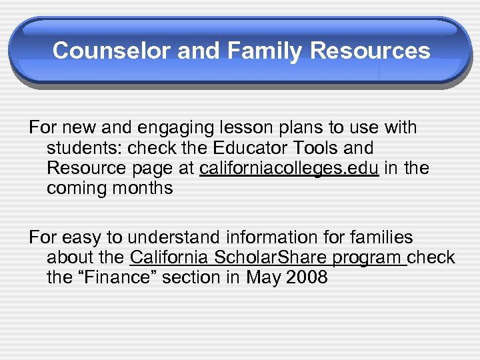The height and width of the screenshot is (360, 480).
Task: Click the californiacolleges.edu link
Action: [289, 168]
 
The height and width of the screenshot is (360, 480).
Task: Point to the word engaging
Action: [149, 127]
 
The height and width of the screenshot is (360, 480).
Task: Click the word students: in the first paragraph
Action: [86, 147]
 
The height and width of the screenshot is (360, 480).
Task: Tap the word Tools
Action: [313, 147]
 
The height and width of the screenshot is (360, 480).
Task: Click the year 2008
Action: [306, 277]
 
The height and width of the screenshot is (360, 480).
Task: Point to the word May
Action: [263, 278]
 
